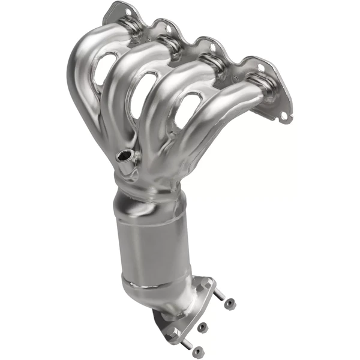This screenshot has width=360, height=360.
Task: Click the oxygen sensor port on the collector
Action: coord(124,157)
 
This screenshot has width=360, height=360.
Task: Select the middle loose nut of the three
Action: coord(203,327)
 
